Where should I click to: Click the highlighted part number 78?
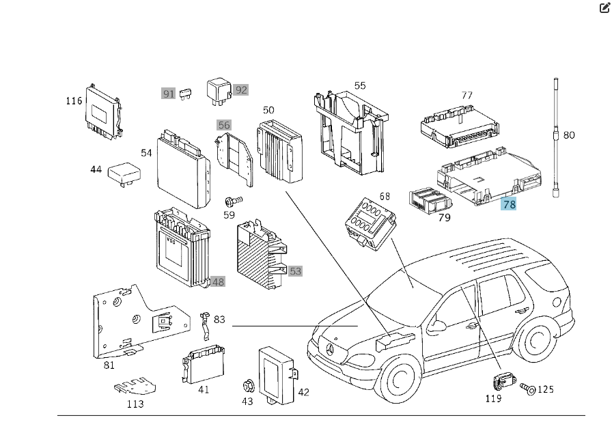[509, 204]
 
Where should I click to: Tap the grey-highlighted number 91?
[169, 93]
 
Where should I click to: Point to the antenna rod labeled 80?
[556, 137]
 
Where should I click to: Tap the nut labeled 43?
[248, 387]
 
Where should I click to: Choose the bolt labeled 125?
[527, 389]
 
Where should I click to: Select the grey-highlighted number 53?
[295, 271]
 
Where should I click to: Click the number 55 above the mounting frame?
[360, 85]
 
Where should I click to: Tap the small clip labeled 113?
[135, 389]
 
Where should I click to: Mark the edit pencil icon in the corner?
[604, 8]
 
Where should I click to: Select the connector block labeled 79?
[428, 200]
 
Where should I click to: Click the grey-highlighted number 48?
[218, 281]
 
